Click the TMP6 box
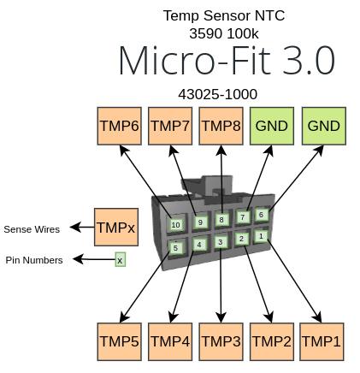coord(119,126)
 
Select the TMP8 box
coord(221,126)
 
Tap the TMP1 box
coord(322,340)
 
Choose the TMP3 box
coord(221,340)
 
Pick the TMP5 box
coord(119,340)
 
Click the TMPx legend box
coord(115,228)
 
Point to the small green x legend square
coord(121,259)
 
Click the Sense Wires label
coord(32,229)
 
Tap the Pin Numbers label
coord(34,260)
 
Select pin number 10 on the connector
coord(175,225)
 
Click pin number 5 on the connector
coord(176,248)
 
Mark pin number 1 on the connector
coord(261,235)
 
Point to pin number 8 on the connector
coord(221,220)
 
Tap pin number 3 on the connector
coord(221,242)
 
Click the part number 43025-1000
coord(217,94)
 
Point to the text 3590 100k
coord(223,33)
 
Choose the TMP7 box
coord(170,126)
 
